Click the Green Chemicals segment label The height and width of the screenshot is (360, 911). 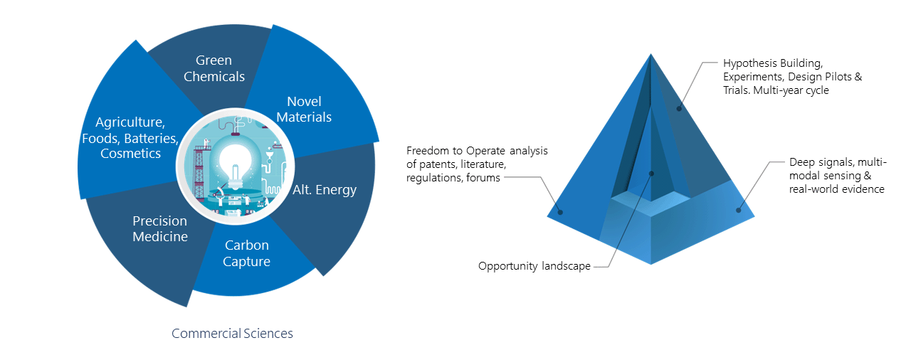(214, 68)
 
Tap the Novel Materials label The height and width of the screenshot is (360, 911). (304, 109)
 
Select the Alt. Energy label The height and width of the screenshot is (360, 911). (325, 190)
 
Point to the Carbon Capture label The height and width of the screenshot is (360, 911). (246, 253)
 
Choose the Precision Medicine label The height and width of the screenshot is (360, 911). (160, 228)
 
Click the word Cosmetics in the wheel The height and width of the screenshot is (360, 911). (130, 154)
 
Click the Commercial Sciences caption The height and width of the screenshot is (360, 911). (232, 333)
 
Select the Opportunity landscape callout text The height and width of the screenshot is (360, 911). (535, 266)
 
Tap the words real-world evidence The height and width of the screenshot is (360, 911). (836, 189)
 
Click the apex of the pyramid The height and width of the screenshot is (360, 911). (651, 54)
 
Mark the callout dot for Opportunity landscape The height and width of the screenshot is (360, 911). (651, 174)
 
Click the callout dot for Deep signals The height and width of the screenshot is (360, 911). (739, 210)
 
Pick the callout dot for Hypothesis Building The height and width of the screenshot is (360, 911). (679, 108)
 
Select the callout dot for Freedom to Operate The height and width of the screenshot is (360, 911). (560, 212)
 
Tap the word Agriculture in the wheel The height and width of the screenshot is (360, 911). (130, 122)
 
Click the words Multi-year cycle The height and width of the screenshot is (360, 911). (791, 90)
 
